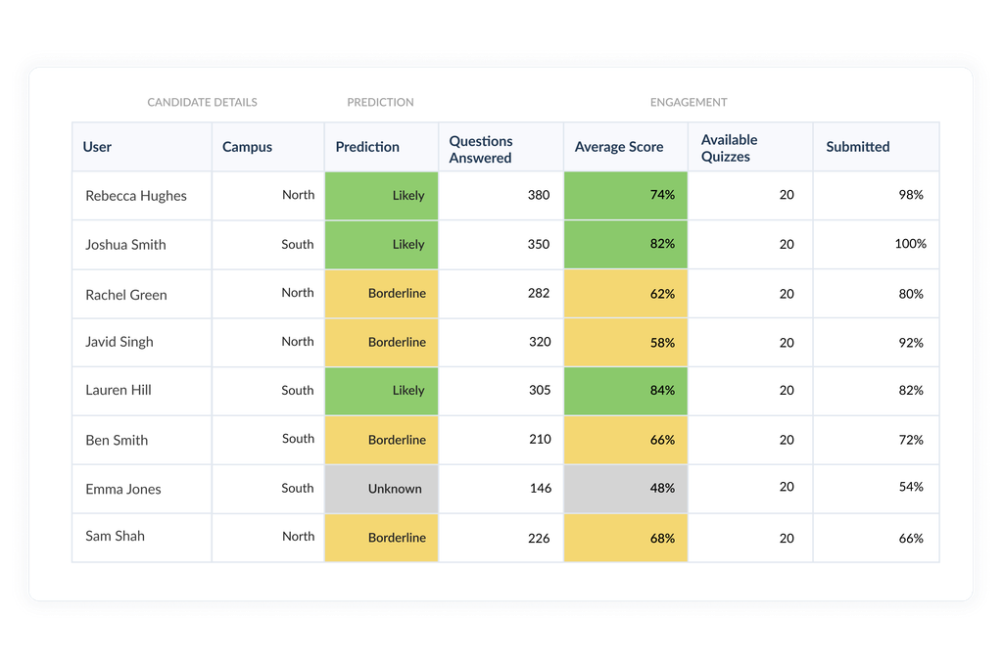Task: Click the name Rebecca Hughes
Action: pyautogui.click(x=135, y=196)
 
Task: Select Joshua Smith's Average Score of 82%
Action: pyautogui.click(x=626, y=244)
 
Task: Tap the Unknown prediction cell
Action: pyautogui.click(x=382, y=489)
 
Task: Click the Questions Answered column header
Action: pyautogui.click(x=481, y=149)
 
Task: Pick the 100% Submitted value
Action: pyautogui.click(x=910, y=244)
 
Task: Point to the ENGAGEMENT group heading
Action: pyautogui.click(x=689, y=102)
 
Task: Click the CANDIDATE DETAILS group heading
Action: pyautogui.click(x=202, y=102)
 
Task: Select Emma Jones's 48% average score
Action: pyautogui.click(x=626, y=488)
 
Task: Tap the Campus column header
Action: pyautogui.click(x=247, y=147)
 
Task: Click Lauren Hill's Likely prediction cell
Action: pyautogui.click(x=382, y=391)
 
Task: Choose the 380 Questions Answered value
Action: pyautogui.click(x=538, y=195)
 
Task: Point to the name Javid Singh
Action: pyautogui.click(x=119, y=342)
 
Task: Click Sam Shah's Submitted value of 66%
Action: pyautogui.click(x=911, y=538)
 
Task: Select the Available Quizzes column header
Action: pyautogui.click(x=730, y=148)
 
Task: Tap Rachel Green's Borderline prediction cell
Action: pyautogui.click(x=382, y=293)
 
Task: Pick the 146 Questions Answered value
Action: pyautogui.click(x=540, y=488)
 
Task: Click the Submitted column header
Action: pyautogui.click(x=857, y=147)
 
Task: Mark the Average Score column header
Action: pyautogui.click(x=618, y=147)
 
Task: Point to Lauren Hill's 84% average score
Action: pyautogui.click(x=626, y=391)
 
